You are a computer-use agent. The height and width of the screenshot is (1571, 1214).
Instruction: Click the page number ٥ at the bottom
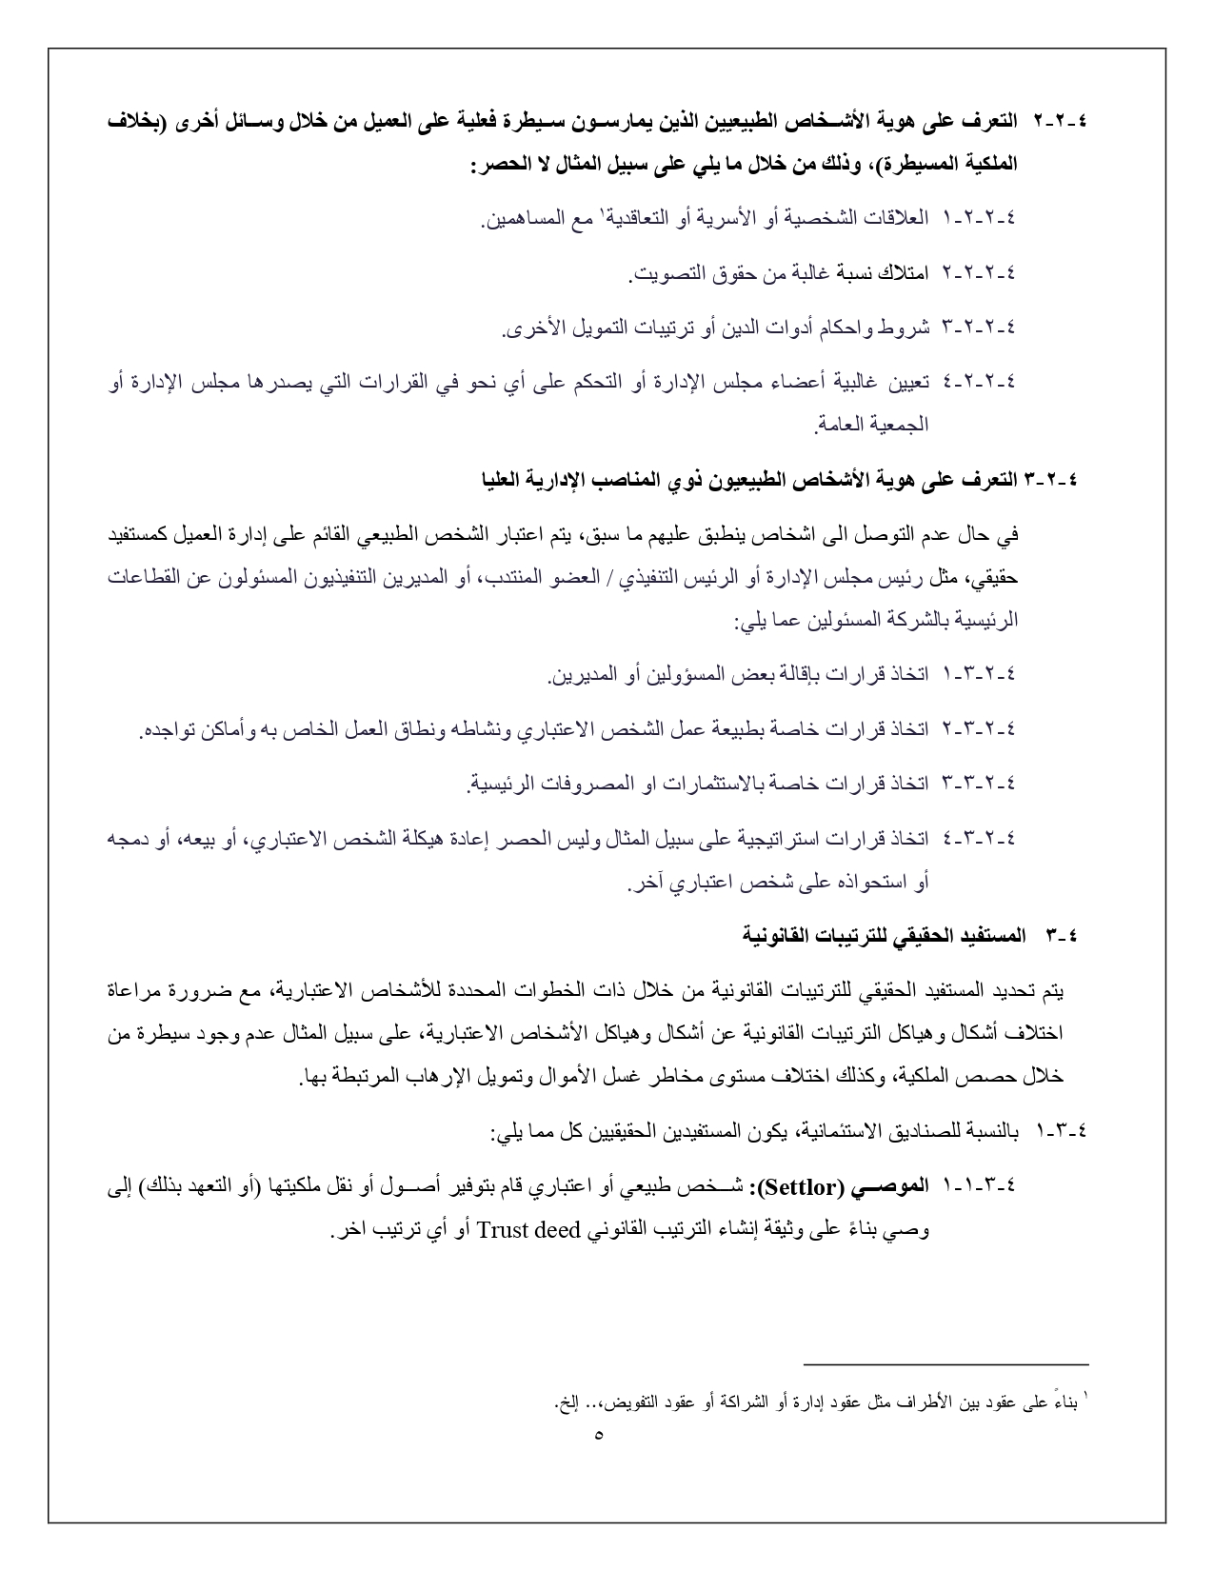pos(599,1435)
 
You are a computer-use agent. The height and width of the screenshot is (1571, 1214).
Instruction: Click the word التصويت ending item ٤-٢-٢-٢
pos(666,274)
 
